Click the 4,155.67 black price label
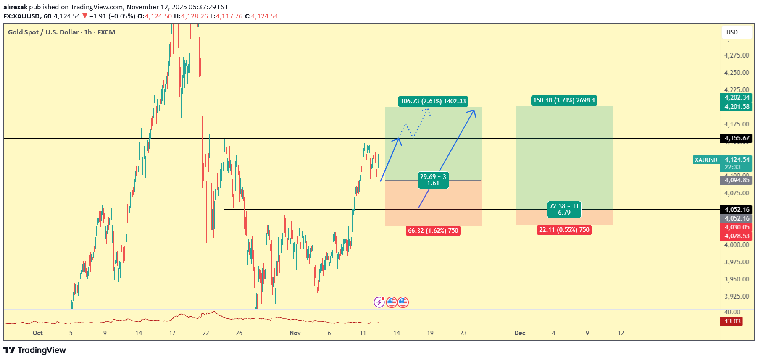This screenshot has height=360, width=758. pyautogui.click(x=737, y=138)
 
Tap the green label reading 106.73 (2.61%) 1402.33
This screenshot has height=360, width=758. pyautogui.click(x=433, y=101)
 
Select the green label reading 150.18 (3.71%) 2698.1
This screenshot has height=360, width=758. pyautogui.click(x=564, y=100)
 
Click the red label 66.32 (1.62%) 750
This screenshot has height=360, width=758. pyautogui.click(x=433, y=231)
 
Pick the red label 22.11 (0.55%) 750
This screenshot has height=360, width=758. pyautogui.click(x=564, y=230)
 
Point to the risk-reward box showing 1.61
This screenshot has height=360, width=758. pyautogui.click(x=433, y=180)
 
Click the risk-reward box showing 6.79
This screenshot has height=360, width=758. pyautogui.click(x=564, y=209)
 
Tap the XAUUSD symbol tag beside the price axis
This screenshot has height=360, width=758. pyautogui.click(x=706, y=160)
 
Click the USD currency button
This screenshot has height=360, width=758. pyautogui.click(x=732, y=32)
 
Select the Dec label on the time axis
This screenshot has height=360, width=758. pyautogui.click(x=520, y=333)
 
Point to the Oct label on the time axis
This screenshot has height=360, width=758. pyautogui.click(x=37, y=333)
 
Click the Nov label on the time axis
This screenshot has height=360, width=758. pyautogui.click(x=295, y=333)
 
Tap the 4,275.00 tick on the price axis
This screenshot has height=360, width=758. pyautogui.click(x=737, y=55)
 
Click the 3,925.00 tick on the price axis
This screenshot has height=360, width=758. pyautogui.click(x=737, y=297)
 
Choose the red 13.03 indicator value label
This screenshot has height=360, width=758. pyautogui.click(x=732, y=321)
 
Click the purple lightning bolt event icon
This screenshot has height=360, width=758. pyautogui.click(x=379, y=302)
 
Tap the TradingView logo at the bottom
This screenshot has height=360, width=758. pyautogui.click(x=35, y=350)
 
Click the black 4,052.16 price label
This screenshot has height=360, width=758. pyautogui.click(x=737, y=210)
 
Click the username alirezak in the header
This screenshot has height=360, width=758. pyautogui.click(x=15, y=7)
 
